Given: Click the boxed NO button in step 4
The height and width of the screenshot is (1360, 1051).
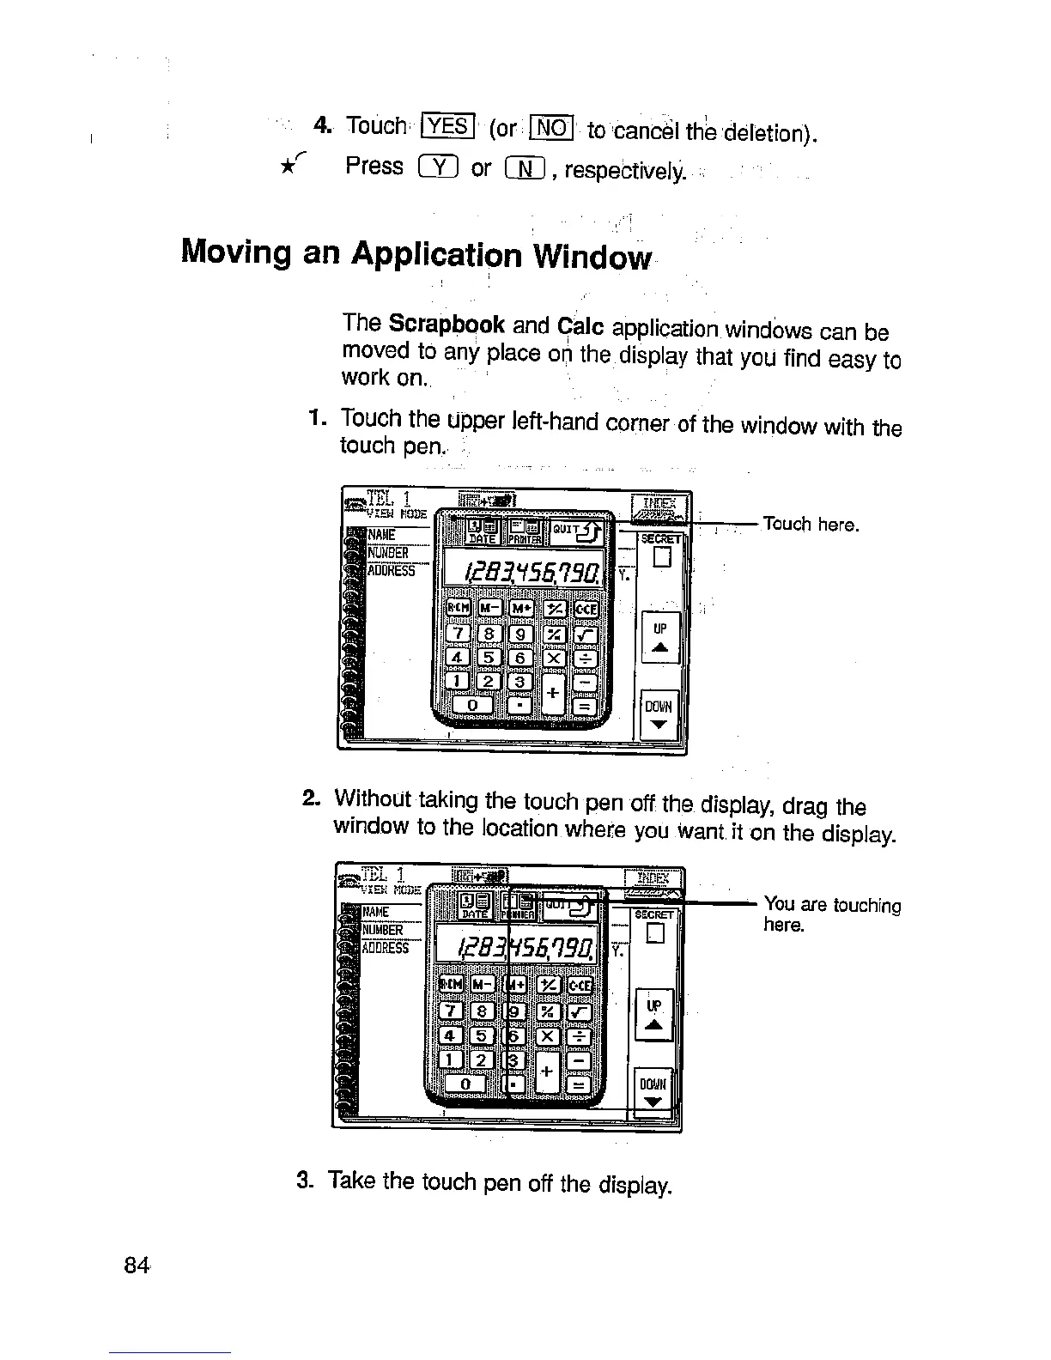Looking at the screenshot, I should (551, 128).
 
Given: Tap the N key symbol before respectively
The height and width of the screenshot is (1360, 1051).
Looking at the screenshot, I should (525, 168).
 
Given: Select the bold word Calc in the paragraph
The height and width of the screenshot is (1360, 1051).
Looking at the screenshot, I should (581, 327).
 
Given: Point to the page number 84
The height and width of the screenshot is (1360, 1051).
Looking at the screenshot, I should (137, 1265).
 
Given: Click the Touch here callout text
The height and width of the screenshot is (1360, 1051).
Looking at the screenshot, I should (811, 524).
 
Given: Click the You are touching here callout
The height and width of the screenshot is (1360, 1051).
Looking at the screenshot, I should (831, 914).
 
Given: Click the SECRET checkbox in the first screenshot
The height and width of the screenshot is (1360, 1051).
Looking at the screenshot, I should (660, 558).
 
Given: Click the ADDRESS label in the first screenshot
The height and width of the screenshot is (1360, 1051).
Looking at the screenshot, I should (392, 570).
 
